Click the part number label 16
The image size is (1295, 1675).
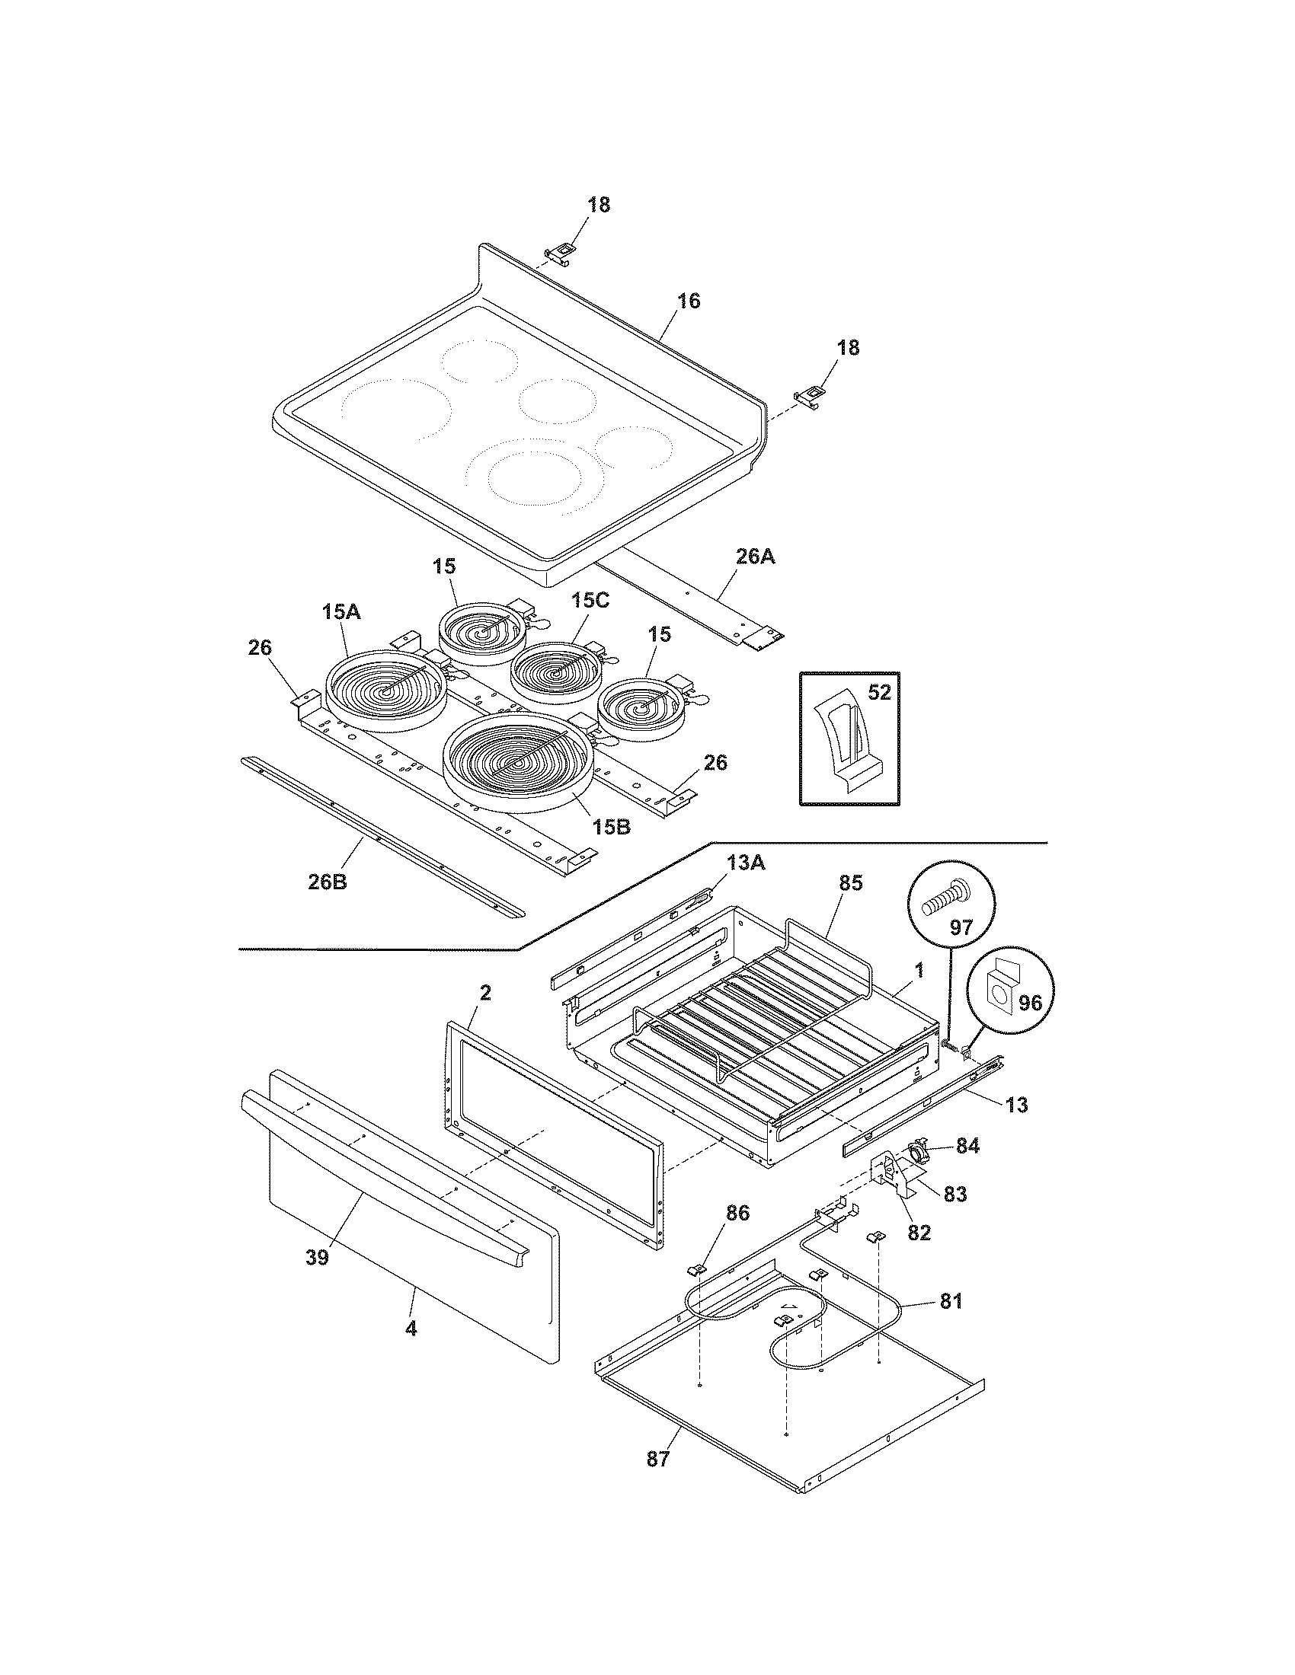pyautogui.click(x=689, y=301)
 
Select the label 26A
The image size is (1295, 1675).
pyautogui.click(x=755, y=557)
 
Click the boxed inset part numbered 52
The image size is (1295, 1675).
pyautogui.click(x=849, y=739)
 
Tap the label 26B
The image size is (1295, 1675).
pyautogui.click(x=328, y=882)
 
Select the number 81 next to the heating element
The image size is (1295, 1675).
pyautogui.click(x=951, y=1300)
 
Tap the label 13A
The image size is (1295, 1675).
pyautogui.click(x=747, y=863)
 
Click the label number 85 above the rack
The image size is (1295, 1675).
pyautogui.click(x=850, y=882)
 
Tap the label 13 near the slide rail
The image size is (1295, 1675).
pyautogui.click(x=1017, y=1105)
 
